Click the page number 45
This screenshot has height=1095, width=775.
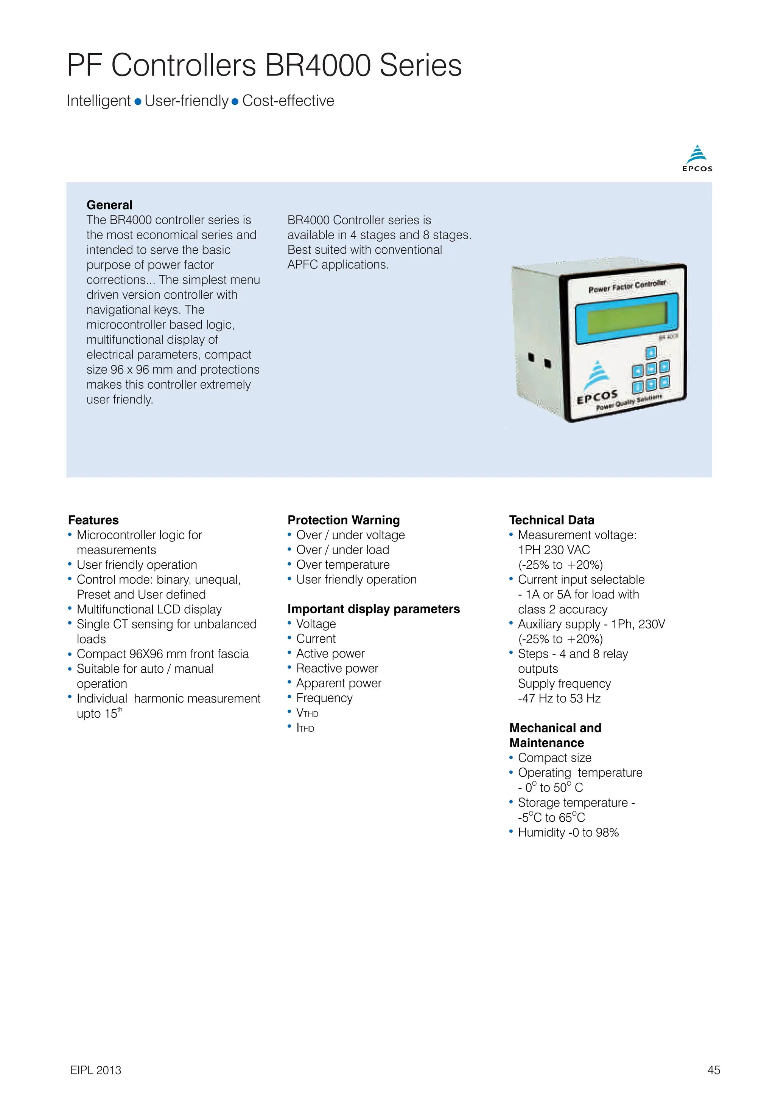tap(713, 1070)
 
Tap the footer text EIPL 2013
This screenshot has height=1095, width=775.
tap(95, 1070)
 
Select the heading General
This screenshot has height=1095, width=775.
tap(109, 205)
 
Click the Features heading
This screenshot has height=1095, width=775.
tap(93, 520)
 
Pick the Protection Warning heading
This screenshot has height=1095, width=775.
tap(343, 520)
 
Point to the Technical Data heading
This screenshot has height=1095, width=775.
tap(551, 520)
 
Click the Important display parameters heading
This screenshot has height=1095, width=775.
tap(373, 609)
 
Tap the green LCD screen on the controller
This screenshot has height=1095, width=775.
tap(626, 318)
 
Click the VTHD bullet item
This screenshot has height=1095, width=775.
tap(307, 713)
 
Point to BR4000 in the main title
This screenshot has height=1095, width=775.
tap(317, 65)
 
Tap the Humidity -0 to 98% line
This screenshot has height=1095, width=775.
tap(568, 832)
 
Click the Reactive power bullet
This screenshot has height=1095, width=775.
tap(336, 668)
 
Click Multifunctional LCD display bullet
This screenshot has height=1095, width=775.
tap(149, 610)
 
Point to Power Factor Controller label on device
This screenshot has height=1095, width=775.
tap(627, 286)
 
